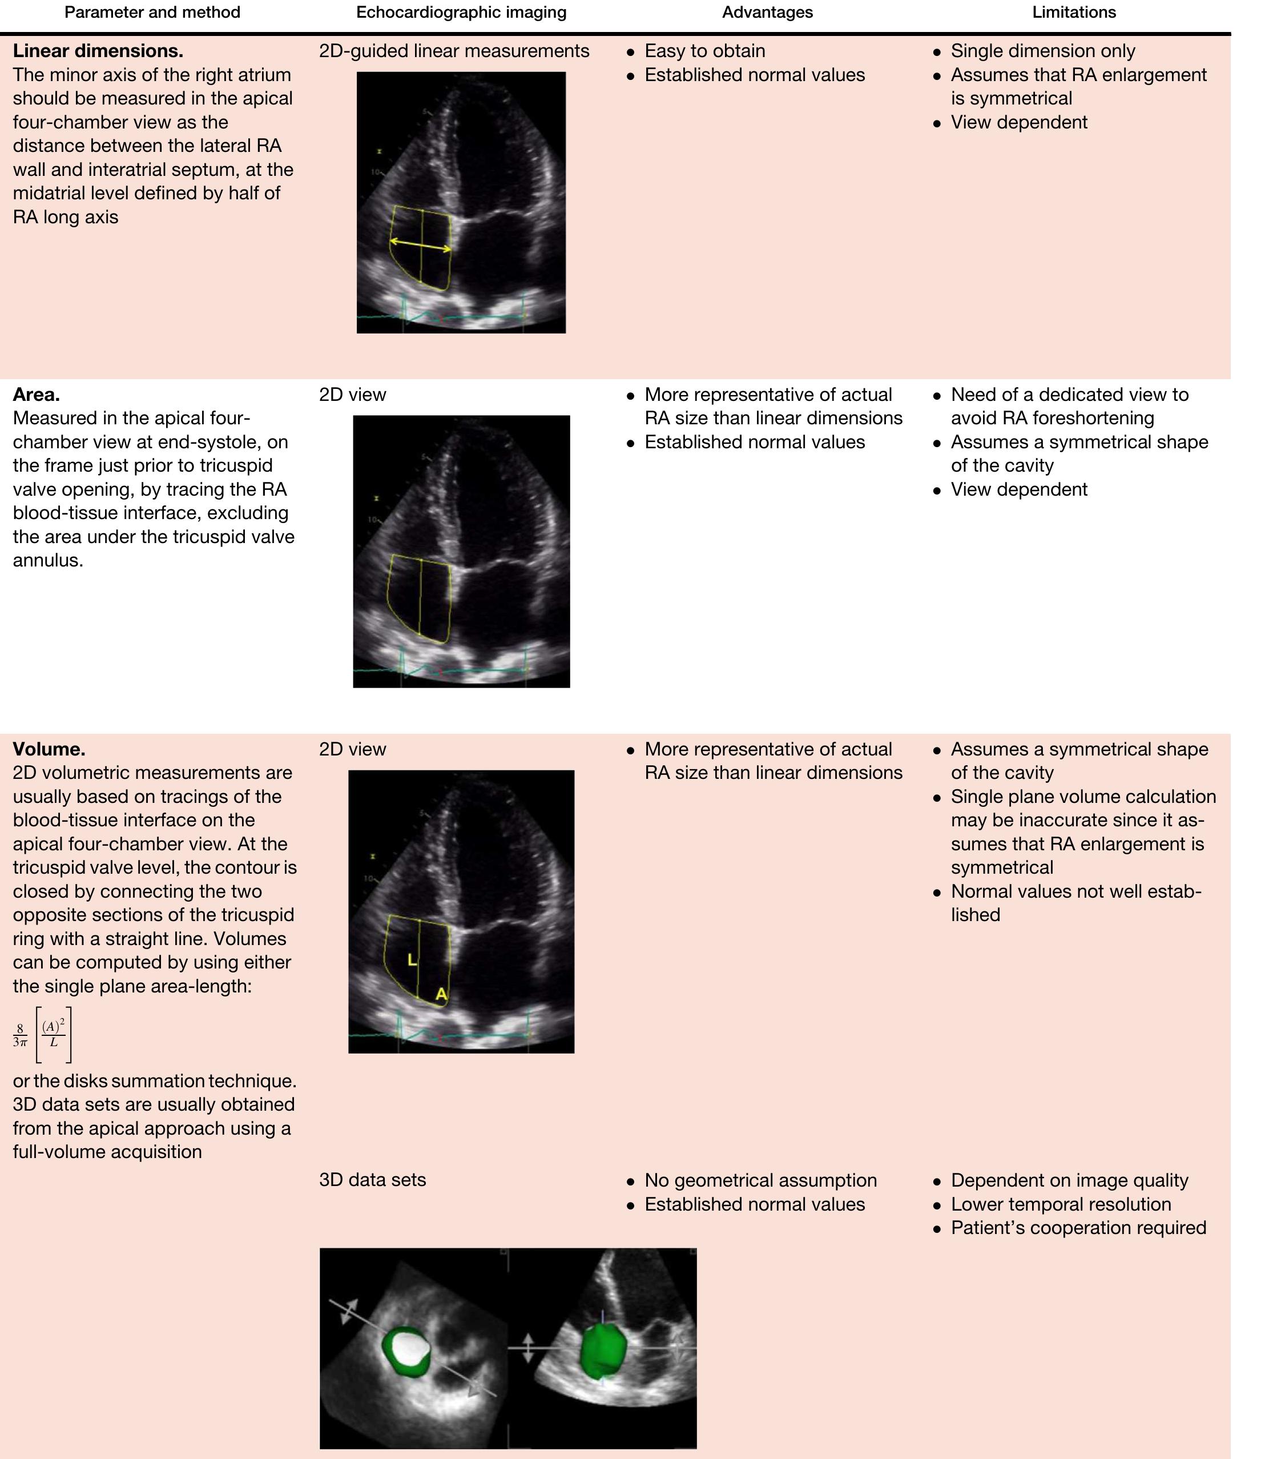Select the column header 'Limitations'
pos(1074,13)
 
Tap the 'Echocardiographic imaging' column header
pos(461,13)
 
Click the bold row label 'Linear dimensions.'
pos(98,51)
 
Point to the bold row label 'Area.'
pos(36,395)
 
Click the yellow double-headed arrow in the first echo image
pos(421,245)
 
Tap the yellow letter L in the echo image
pos(412,960)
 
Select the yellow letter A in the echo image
pos(441,994)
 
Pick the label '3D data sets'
pos(373,1180)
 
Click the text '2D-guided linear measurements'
pos(454,51)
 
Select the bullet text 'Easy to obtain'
pos(704,51)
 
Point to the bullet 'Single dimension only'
pos(1042,51)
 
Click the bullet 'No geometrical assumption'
pos(760,1180)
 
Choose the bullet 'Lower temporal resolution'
pos(1061,1204)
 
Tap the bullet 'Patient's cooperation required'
pos(1078,1227)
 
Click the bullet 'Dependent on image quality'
pos(1069,1180)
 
